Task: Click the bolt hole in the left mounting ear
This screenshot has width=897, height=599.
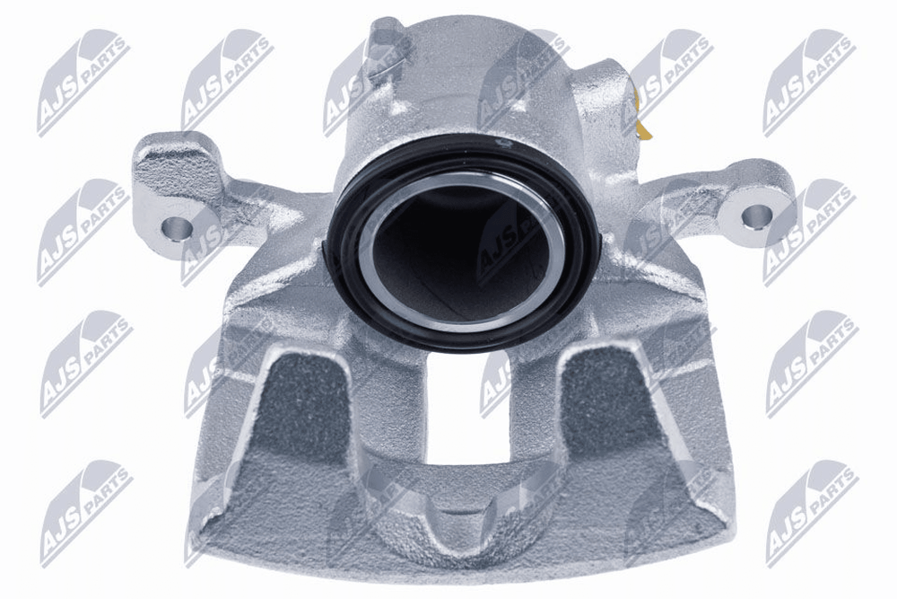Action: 177,228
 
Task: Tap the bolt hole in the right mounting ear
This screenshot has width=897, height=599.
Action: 757,215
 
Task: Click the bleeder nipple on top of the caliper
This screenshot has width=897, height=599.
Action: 385,43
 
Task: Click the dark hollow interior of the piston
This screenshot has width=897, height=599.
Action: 464,252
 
